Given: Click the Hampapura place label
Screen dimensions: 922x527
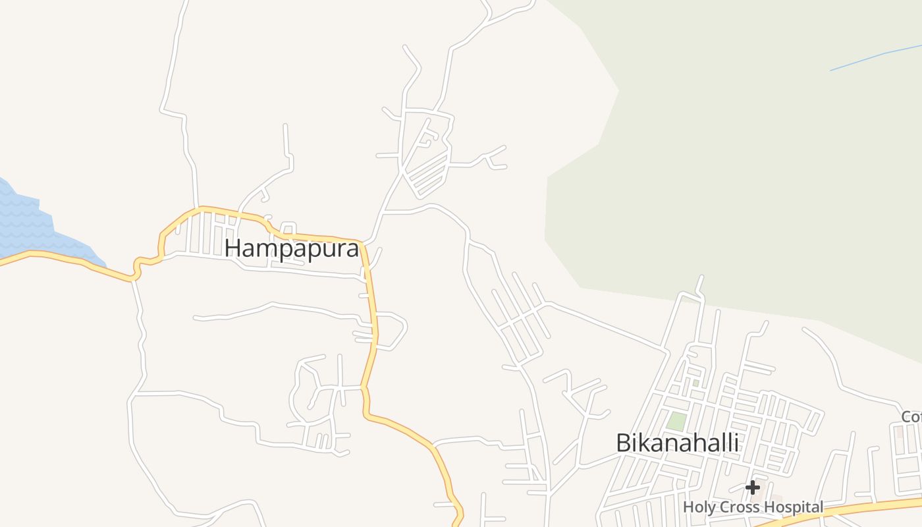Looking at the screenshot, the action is coord(292,248).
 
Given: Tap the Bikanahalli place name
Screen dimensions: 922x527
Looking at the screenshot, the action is coord(677,443).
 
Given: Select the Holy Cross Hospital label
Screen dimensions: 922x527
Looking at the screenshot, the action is coord(753,507).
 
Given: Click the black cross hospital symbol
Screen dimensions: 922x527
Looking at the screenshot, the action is coord(753,487).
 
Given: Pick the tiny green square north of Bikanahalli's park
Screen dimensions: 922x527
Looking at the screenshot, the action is coord(695,383).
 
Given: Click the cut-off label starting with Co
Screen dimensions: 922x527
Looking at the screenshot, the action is coord(912,417).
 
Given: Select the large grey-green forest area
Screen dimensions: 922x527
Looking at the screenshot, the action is coord(738,165).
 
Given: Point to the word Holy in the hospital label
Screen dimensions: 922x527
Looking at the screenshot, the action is coord(696,507).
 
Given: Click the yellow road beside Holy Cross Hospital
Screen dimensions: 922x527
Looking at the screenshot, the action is coord(850,507).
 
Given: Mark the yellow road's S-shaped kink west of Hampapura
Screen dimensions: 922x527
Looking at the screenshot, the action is coord(138,267).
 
